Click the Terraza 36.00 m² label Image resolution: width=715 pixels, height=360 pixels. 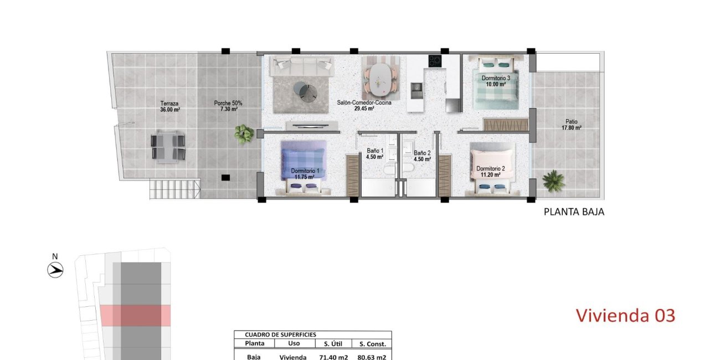170,106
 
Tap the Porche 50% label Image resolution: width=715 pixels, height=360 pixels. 228,106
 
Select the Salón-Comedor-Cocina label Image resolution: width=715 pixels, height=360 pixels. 364,106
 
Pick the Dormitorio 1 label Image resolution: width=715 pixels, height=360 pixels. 305,174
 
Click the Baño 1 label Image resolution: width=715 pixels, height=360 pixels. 375,153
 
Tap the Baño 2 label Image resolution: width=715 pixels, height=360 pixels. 422,156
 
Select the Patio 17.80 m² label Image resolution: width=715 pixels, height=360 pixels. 573,125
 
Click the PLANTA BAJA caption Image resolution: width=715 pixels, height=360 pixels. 574,212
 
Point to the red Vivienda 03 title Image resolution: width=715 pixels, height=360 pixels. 625,316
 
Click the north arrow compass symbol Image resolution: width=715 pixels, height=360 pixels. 55,270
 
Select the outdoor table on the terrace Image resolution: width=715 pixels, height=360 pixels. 168,146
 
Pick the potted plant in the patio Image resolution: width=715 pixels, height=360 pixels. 553,181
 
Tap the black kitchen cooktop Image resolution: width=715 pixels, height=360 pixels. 435,61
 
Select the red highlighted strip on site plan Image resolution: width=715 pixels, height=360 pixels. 135,315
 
